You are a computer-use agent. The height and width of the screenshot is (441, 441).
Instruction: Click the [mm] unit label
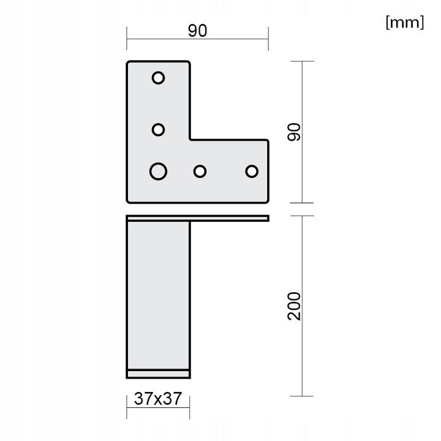404,23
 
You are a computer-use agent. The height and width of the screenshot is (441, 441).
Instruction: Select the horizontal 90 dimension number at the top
197,31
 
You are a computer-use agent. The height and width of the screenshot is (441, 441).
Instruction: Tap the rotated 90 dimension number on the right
295,132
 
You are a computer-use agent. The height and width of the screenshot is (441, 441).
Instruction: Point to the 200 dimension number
295,306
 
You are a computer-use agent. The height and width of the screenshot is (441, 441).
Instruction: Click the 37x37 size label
158,399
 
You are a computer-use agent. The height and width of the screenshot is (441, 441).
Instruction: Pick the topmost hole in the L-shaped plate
158,78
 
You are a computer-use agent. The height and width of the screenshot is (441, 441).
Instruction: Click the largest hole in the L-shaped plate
158,171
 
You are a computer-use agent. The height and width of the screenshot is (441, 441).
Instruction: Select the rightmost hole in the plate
252,171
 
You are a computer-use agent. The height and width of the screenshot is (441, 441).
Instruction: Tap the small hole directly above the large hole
158,130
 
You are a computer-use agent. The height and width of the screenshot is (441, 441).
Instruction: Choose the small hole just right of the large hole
200,171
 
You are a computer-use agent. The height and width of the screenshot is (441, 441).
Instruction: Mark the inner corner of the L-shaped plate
190,140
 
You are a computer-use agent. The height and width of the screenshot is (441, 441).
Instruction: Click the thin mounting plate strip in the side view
197,218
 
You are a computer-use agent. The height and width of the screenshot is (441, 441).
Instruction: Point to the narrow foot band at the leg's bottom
158,373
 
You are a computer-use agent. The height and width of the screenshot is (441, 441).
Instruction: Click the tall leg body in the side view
158,294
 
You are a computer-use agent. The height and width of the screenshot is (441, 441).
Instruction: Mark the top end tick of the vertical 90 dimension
303,61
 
